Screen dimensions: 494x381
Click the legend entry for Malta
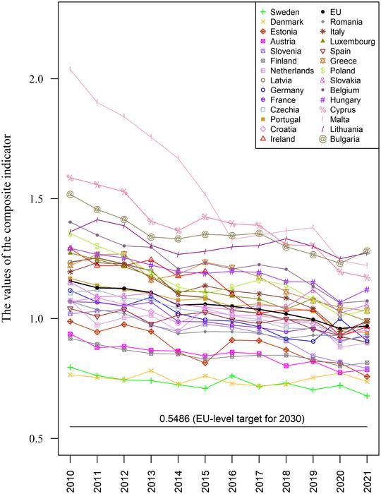click(x=341, y=119)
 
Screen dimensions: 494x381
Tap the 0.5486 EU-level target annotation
click(x=222, y=419)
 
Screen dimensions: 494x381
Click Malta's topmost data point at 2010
click(x=71, y=68)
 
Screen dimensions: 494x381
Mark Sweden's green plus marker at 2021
click(x=367, y=396)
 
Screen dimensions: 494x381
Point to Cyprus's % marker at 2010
click(x=71, y=178)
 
